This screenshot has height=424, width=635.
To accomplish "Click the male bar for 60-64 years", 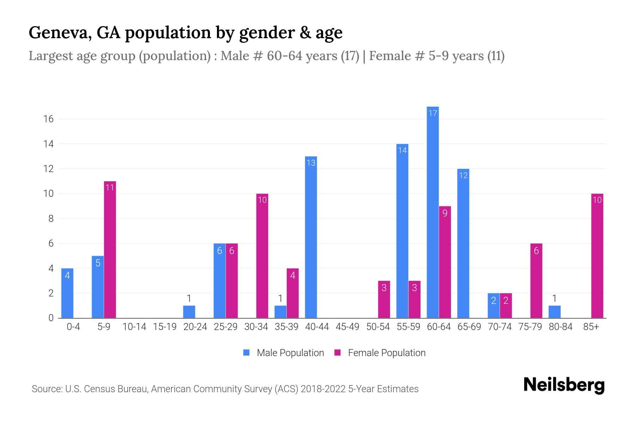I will click(433, 212).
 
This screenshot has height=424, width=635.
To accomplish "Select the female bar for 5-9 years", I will click(110, 249).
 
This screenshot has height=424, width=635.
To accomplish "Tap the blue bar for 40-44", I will click(311, 237).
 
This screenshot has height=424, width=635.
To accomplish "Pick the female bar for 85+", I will click(597, 256).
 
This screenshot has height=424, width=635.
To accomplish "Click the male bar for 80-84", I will click(554, 312).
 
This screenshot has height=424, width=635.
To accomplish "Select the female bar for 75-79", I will click(536, 281).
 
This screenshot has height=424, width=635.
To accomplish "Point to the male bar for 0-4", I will click(67, 293).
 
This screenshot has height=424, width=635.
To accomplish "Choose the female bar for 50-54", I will click(384, 299).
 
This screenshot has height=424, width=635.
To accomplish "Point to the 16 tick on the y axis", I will click(48, 119).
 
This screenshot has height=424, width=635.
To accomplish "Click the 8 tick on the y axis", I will click(51, 219).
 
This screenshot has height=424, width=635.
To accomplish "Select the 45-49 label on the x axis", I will click(347, 327).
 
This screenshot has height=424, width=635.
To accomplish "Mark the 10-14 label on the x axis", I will click(134, 327).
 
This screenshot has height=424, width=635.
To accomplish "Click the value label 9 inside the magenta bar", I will click(445, 213).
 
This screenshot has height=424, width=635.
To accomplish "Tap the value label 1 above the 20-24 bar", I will click(189, 298).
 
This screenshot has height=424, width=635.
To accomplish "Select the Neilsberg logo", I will click(564, 385).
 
